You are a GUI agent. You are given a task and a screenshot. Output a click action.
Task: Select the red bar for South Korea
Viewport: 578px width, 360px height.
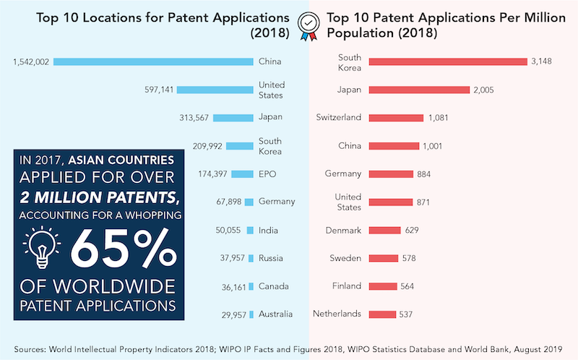(x=448, y=62)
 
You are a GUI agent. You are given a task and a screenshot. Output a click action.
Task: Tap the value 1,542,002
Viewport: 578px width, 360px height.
(x=31, y=62)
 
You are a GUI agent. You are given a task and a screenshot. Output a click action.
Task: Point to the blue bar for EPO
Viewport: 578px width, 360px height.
(x=238, y=174)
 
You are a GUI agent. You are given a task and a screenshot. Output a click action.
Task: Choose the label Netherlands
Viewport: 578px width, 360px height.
(x=337, y=314)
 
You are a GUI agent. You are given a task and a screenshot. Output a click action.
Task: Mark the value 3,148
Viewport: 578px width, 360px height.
(x=541, y=62)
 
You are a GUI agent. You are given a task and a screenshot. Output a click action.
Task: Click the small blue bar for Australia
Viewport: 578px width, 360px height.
(x=251, y=314)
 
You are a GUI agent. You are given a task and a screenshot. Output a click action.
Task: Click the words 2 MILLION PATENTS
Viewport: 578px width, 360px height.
(x=97, y=196)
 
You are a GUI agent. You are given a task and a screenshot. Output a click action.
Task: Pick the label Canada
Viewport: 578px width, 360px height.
(x=273, y=286)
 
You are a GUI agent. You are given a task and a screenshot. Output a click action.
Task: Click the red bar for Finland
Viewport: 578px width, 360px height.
(x=383, y=286)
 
